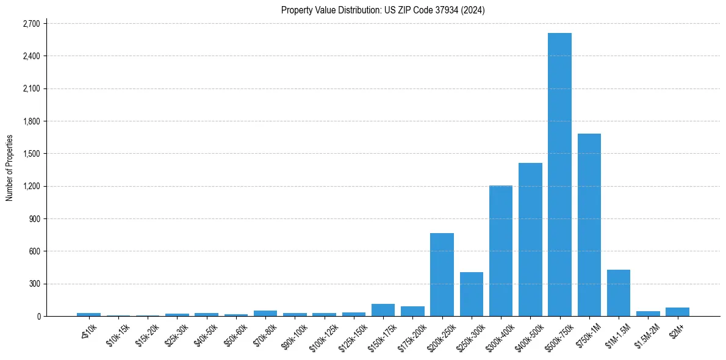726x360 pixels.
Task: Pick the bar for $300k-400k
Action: click(x=501, y=251)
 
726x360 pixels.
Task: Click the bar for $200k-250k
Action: click(x=442, y=275)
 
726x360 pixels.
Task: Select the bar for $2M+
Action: click(x=677, y=312)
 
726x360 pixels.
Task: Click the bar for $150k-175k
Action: click(x=383, y=310)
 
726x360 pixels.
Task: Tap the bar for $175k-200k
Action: click(x=412, y=311)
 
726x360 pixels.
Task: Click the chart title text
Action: click(x=383, y=10)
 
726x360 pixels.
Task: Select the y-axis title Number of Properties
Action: click(x=10, y=168)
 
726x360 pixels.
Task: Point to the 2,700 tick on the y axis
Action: click(x=31, y=24)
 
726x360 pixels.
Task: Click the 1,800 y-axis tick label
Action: click(x=31, y=121)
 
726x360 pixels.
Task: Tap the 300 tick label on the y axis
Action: click(x=34, y=284)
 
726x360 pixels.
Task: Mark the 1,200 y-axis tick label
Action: click(x=31, y=186)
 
